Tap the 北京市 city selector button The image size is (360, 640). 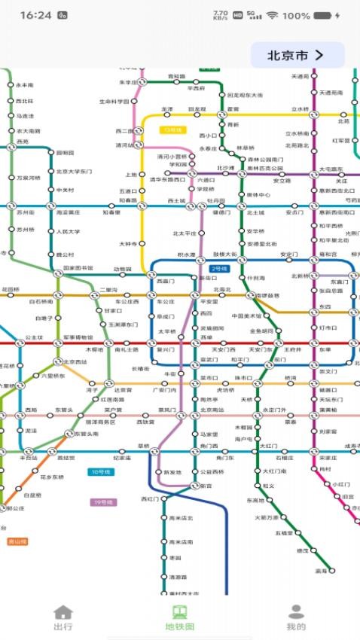pos(297,55)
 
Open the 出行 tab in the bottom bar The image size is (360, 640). pos(63,617)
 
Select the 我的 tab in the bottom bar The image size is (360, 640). pos(296,617)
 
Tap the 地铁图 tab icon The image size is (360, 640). pos(179,611)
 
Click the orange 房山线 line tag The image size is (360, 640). pos(17,541)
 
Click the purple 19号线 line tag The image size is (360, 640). pos(103,502)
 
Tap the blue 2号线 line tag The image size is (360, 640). pos(219,268)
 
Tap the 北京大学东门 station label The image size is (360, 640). pos(74,172)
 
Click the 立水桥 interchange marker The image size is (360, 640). pos(314,115)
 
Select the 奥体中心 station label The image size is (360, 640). pos(258,195)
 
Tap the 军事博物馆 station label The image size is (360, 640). pos(78,337)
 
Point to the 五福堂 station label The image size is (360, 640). pos(282,533)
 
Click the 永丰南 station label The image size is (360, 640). pos(25,86)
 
